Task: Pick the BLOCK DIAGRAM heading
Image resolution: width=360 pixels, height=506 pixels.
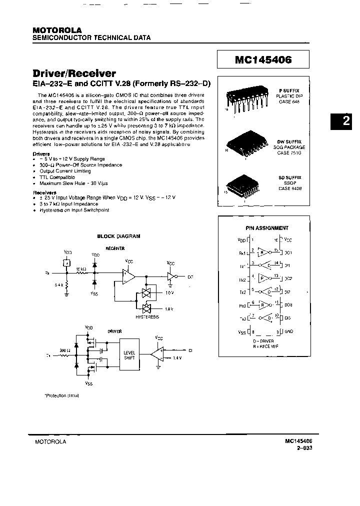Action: tap(118, 236)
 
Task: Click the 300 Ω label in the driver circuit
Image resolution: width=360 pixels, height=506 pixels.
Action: tap(64, 351)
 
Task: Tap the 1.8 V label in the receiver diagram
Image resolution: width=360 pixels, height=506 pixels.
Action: tap(168, 309)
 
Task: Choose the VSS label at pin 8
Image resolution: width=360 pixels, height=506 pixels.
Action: tap(242, 331)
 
